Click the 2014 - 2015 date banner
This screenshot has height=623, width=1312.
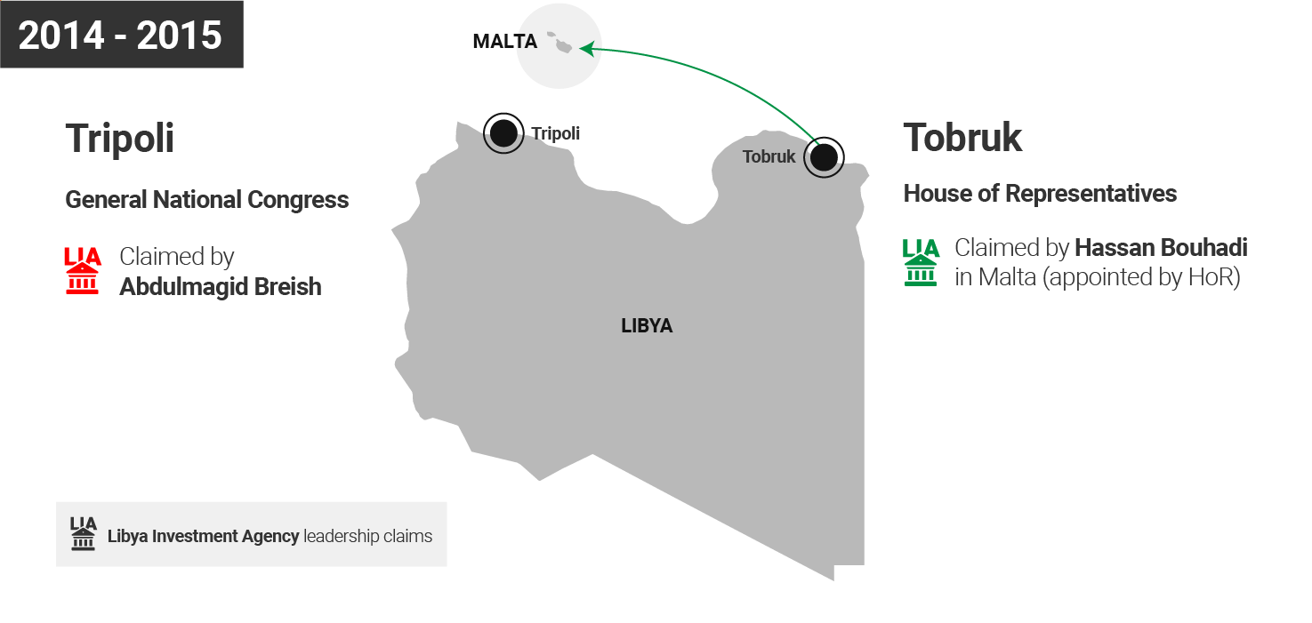coord(121,35)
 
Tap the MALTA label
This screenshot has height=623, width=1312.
coord(504,42)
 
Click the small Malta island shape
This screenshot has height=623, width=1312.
coord(562,44)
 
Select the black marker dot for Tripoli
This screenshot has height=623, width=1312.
coord(503,133)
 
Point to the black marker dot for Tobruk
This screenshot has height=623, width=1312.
coord(824,157)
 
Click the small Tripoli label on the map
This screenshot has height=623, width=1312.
coord(555,134)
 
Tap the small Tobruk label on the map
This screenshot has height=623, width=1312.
coord(769,157)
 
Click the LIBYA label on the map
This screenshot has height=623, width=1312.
coord(647,326)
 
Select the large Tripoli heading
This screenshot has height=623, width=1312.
coord(119,139)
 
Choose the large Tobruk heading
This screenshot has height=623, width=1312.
coord(962,138)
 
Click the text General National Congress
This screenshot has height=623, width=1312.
coord(206,200)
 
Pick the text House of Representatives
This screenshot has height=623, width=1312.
coord(1040,194)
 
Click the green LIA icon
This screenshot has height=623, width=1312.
coord(921,262)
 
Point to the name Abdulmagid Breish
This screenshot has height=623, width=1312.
coord(220,287)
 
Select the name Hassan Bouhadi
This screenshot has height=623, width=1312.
coord(1161,248)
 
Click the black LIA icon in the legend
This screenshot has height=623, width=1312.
coord(84,534)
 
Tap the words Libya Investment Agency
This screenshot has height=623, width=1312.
coord(203,536)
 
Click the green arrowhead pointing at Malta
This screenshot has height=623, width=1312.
coord(586,48)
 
